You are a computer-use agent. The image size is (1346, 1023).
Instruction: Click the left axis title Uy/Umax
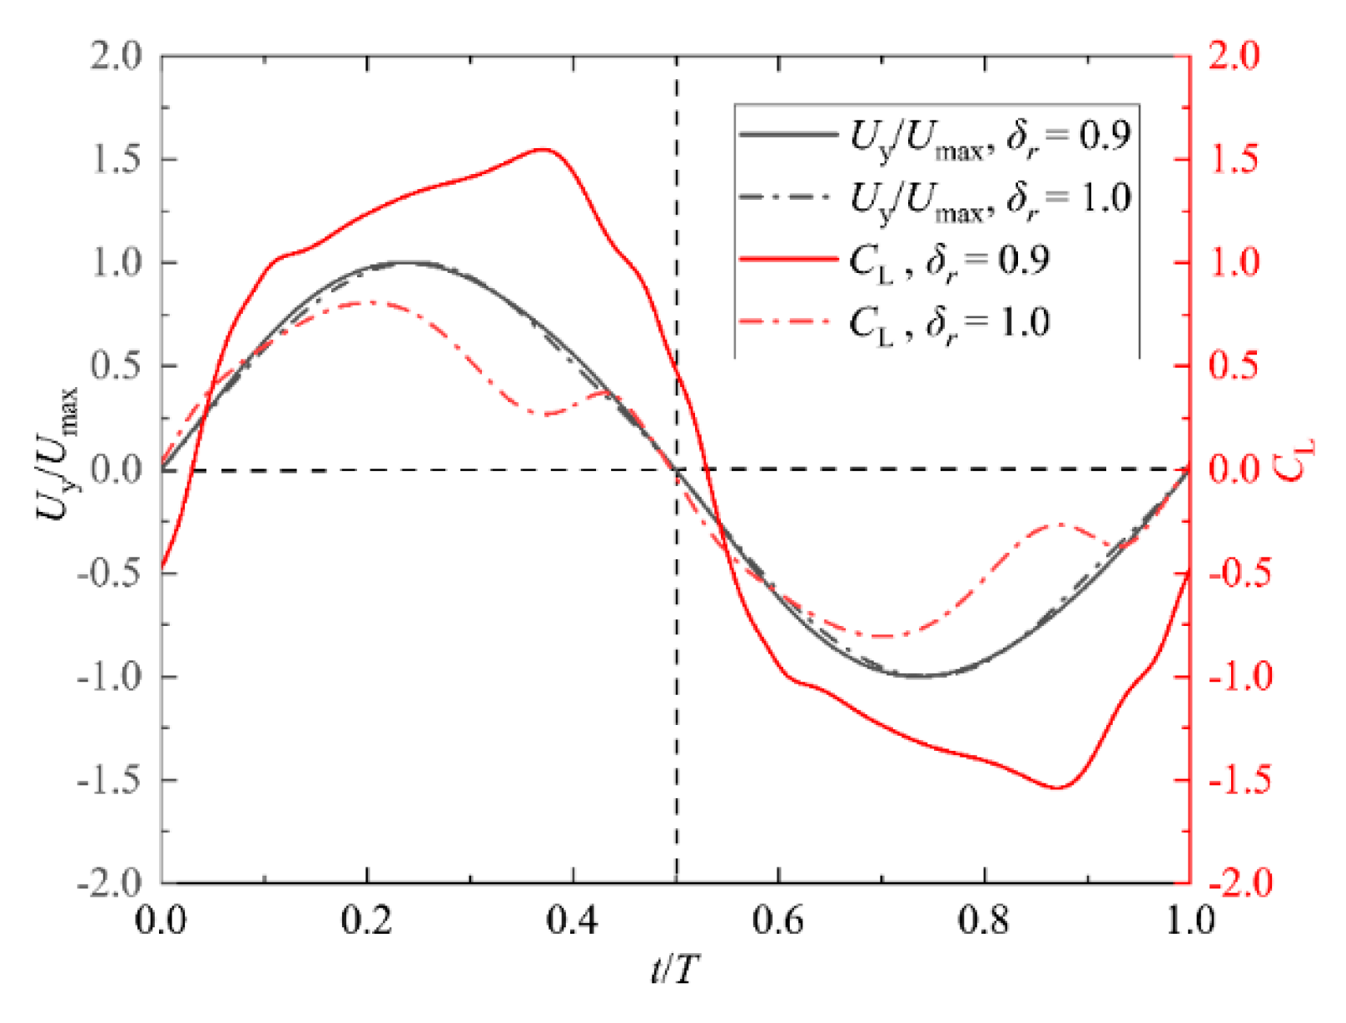click(x=57, y=454)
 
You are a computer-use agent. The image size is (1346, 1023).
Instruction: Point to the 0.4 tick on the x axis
click(x=573, y=921)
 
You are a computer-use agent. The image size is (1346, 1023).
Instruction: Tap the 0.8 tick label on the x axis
click(x=985, y=921)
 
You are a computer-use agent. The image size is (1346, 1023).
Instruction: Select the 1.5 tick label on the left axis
click(x=116, y=159)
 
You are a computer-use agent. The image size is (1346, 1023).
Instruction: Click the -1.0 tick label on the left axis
click(x=110, y=677)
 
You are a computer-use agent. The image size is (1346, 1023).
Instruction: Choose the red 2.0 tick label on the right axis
click(x=1234, y=56)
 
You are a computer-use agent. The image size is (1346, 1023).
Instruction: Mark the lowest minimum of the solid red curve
click(x=1058, y=787)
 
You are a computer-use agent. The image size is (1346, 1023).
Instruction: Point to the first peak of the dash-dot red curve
click(x=367, y=302)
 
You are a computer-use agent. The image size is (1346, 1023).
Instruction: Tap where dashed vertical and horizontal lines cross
click(x=676, y=470)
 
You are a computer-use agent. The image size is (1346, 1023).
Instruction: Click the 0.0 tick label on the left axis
click(x=116, y=470)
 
